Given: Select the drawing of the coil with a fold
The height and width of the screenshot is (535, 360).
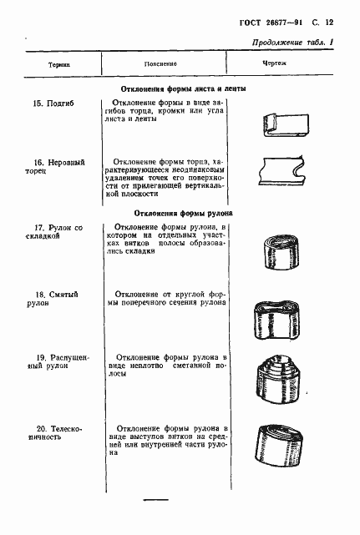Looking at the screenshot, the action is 281,250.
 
